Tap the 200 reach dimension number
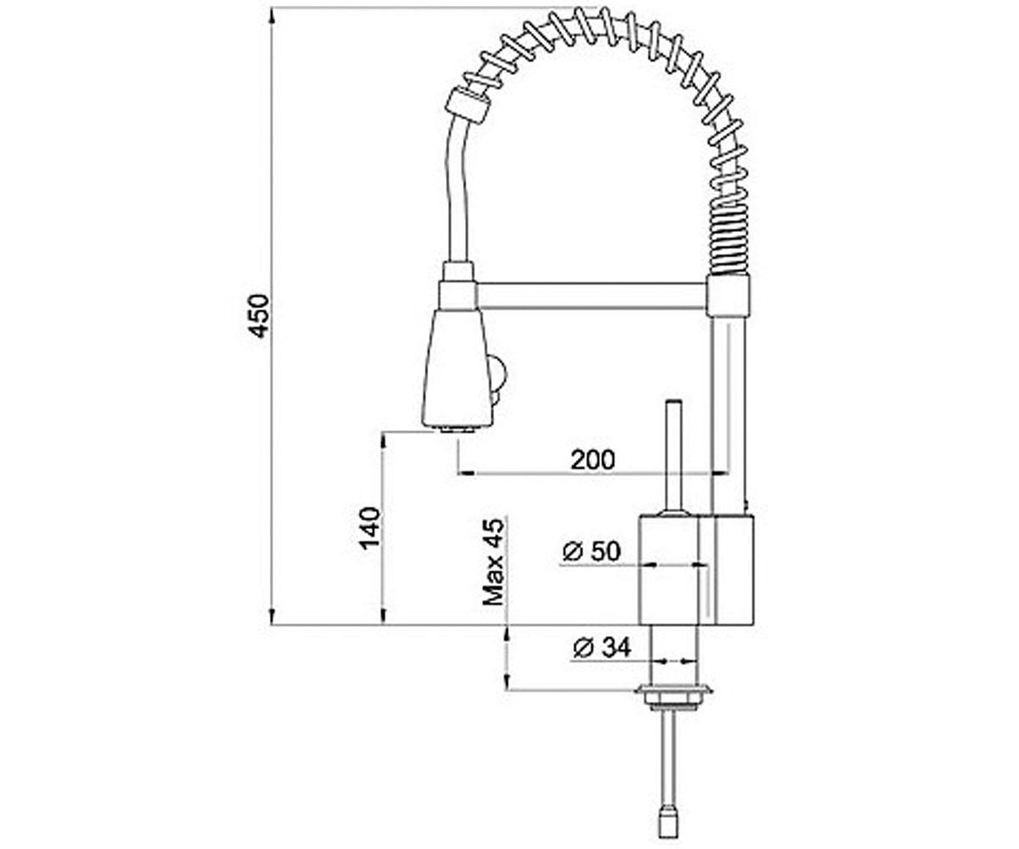pyautogui.click(x=593, y=459)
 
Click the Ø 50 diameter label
pyautogui.click(x=591, y=551)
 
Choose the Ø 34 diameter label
pyautogui.click(x=602, y=648)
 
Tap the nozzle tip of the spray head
pyautogui.click(x=458, y=430)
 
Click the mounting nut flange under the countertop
pyautogui.click(x=674, y=691)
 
